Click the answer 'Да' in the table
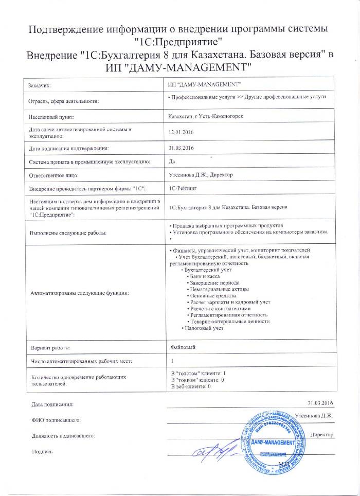(x=172, y=162)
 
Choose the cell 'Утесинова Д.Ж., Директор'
(x=201, y=175)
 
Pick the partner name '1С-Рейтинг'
(x=182, y=189)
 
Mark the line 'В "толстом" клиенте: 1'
(x=197, y=373)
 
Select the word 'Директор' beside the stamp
(x=322, y=434)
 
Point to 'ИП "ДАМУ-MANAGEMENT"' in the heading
(x=179, y=67)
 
